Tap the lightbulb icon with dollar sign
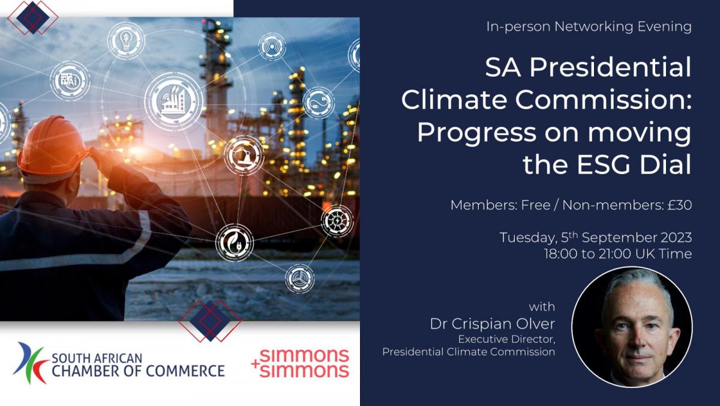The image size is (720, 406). click(x=126, y=40)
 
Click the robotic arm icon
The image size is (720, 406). click(x=244, y=156)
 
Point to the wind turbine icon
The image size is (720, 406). click(x=299, y=279)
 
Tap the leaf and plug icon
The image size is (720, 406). click(x=235, y=243)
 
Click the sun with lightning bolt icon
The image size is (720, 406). click(x=337, y=221)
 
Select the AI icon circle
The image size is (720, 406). click(x=70, y=80)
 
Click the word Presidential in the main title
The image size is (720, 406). click(x=610, y=67)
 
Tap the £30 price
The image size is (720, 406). click(x=680, y=205)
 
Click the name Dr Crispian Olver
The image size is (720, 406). click(x=493, y=324)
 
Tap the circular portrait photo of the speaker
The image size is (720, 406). click(x=632, y=327)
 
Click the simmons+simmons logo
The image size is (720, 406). click(x=300, y=363)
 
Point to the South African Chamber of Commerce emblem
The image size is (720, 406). click(x=31, y=363)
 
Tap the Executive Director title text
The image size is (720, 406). click(x=506, y=339)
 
